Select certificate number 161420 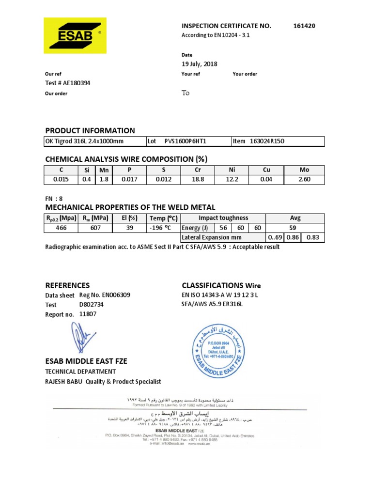coord(304,26)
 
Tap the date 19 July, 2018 coord(200,64)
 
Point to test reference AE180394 coord(67,83)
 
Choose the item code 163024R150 coord(267,141)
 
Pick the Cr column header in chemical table coord(197,170)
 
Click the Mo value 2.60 coord(304,179)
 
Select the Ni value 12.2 coord(232,179)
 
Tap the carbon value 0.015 coord(61,179)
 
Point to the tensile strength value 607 coord(96,228)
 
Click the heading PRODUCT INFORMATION coord(90,130)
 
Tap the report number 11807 coord(88,314)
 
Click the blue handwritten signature coord(81,337)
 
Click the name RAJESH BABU coord(63,381)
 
